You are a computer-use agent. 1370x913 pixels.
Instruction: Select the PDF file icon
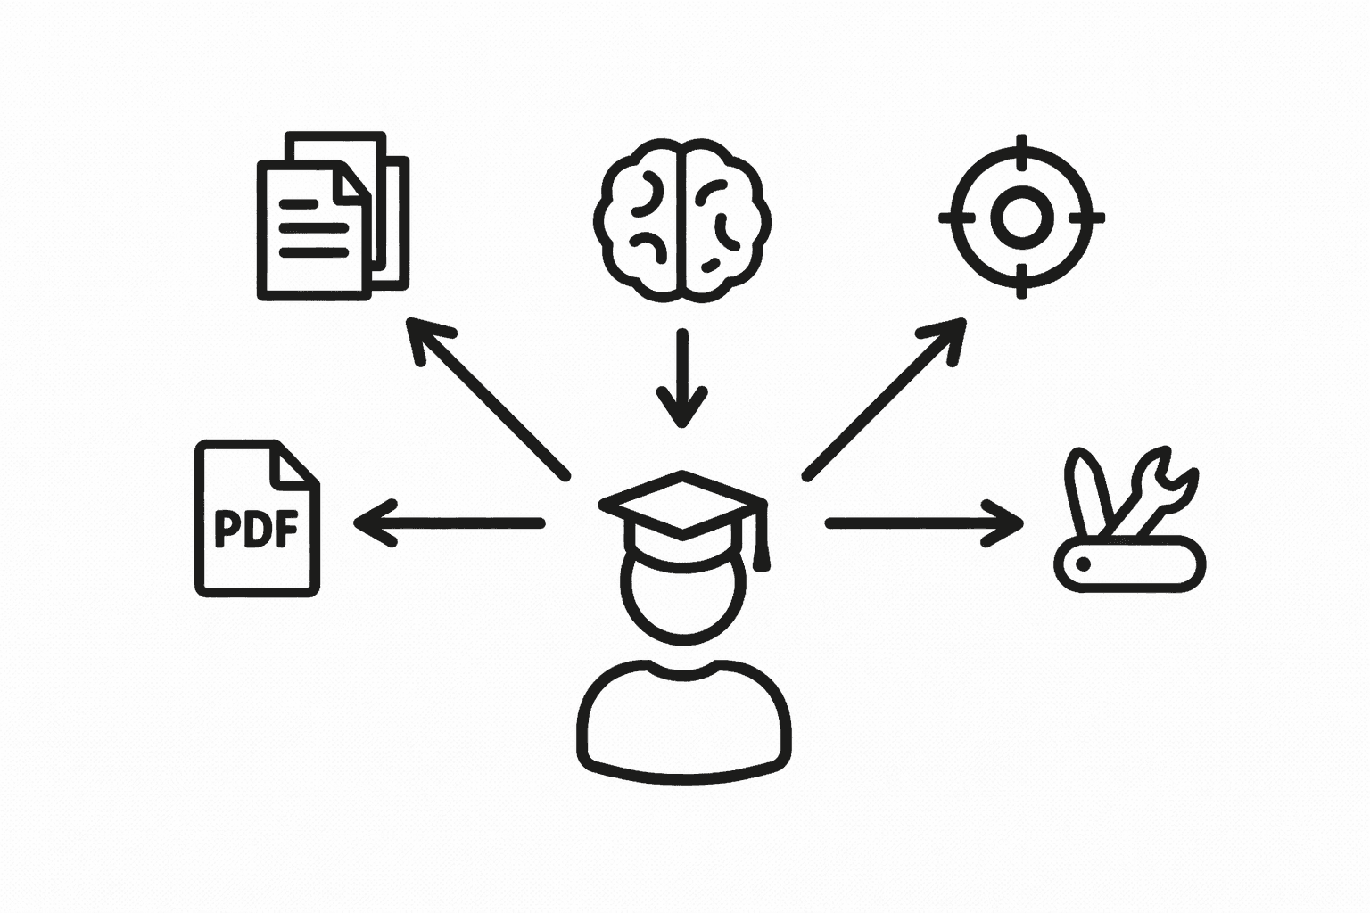(x=257, y=518)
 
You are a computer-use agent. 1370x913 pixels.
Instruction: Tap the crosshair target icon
(x=1022, y=217)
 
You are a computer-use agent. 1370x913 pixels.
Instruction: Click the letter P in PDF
(x=227, y=528)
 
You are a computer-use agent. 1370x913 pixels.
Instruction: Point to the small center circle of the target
(x=1022, y=217)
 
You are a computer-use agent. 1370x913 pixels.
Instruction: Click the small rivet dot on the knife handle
(x=1084, y=564)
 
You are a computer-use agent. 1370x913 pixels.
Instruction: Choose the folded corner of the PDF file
(x=295, y=465)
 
